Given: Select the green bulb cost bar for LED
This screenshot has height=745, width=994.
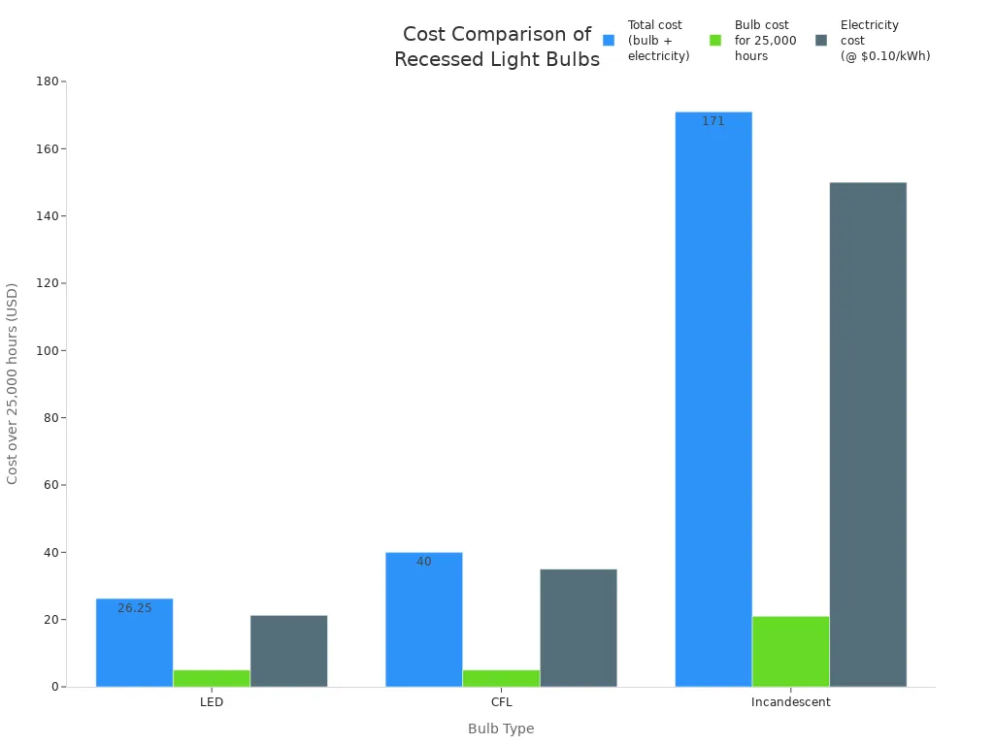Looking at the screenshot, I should click(212, 678).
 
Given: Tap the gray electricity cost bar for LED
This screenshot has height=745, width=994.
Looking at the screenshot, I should click(288, 651).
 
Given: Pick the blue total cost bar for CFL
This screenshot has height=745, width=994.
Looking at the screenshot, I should click(423, 620).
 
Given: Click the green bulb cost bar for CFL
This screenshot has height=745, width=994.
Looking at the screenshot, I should click(501, 678).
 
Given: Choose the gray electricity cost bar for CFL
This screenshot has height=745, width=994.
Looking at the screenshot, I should click(579, 628).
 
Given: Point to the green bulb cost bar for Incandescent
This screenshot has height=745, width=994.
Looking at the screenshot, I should click(791, 651).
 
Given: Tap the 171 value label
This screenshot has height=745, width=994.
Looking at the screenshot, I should click(713, 121).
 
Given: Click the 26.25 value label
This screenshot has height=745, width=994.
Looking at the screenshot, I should click(134, 608).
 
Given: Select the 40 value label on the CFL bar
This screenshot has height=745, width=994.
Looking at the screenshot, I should click(423, 562).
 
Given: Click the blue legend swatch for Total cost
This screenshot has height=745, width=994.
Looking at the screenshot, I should click(609, 41).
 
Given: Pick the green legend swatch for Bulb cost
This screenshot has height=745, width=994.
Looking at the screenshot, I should click(715, 41).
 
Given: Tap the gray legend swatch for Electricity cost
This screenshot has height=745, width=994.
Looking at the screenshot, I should click(821, 41).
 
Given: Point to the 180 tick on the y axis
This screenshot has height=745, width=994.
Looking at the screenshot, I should click(47, 81).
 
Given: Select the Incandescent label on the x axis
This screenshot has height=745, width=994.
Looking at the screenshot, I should click(791, 702).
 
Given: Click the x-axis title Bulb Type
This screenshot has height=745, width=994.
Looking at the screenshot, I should click(501, 729).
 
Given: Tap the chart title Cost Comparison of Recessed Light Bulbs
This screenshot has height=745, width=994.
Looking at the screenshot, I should click(497, 47).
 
